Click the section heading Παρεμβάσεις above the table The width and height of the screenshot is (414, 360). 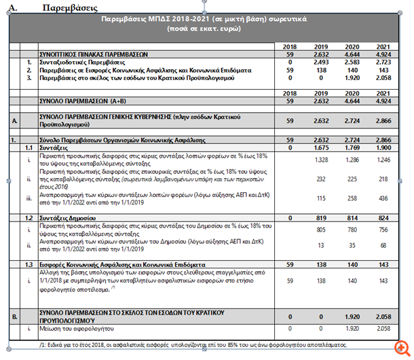(x=69, y=7)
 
